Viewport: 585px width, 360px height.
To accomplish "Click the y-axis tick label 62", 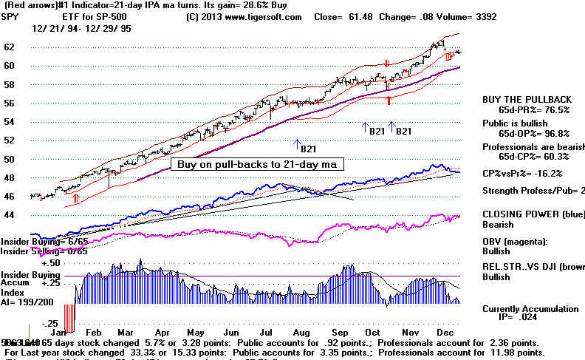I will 11,47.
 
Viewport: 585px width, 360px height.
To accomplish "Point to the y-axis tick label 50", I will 11,159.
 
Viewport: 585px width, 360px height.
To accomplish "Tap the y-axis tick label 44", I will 11,215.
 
